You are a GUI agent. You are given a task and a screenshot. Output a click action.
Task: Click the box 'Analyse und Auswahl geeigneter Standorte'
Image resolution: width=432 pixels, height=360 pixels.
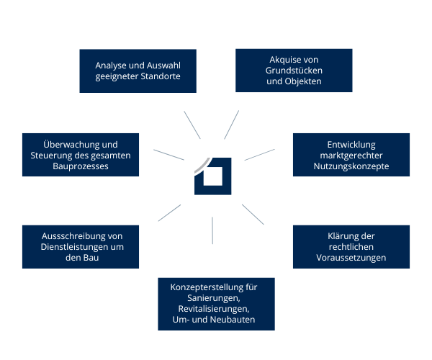[x=138, y=71]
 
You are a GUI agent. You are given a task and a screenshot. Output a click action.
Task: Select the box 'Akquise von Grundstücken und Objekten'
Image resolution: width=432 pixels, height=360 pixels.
[x=294, y=71]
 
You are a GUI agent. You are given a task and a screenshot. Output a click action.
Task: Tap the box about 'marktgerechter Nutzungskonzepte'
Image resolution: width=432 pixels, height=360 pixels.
[x=351, y=155]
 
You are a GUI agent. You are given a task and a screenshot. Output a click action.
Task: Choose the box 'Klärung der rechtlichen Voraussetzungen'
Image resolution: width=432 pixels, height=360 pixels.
[x=351, y=247]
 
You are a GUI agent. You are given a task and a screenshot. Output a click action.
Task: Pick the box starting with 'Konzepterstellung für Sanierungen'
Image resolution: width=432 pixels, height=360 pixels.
[x=215, y=303]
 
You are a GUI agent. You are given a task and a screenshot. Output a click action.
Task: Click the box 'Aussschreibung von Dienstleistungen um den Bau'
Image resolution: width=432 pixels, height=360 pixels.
[x=81, y=247]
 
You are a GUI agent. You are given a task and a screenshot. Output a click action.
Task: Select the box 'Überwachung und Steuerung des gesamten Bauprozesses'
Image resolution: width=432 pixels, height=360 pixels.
[x=81, y=155]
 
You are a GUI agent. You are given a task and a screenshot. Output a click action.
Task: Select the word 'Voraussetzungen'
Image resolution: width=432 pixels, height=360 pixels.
[x=351, y=258]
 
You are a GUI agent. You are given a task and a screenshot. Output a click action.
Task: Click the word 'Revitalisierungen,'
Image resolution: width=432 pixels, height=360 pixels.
[x=215, y=308]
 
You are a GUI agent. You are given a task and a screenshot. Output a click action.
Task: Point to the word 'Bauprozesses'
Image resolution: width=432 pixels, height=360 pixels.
[x=81, y=166]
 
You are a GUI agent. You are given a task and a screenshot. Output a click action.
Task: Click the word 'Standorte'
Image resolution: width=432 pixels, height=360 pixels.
[x=160, y=76]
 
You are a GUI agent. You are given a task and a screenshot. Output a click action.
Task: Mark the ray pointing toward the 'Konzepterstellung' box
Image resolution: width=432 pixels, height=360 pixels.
[x=213, y=230]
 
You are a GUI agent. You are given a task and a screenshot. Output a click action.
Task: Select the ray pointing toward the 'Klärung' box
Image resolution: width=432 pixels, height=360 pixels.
[x=252, y=215]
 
